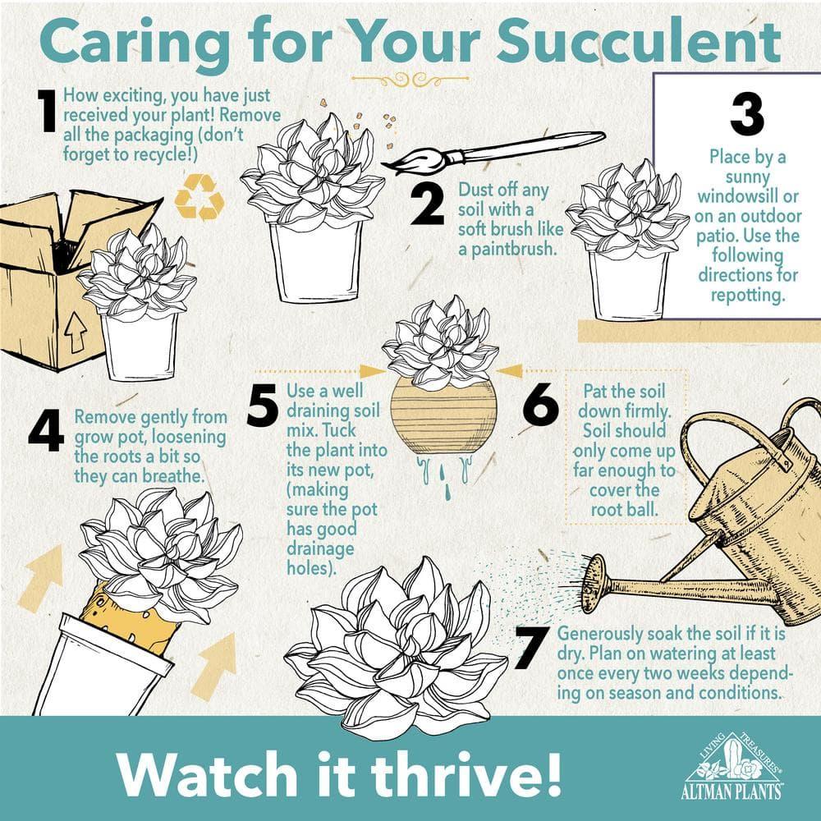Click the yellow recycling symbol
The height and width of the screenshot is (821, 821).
point(200,196)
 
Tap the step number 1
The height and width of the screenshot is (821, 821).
point(48,111)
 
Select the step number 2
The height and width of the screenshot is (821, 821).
point(427,204)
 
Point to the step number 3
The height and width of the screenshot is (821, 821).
point(747,116)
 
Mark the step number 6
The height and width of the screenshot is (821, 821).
point(541,404)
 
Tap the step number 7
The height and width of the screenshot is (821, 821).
point(532,649)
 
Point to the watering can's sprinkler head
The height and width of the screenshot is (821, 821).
point(594,583)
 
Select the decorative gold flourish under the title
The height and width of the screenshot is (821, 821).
point(410,79)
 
